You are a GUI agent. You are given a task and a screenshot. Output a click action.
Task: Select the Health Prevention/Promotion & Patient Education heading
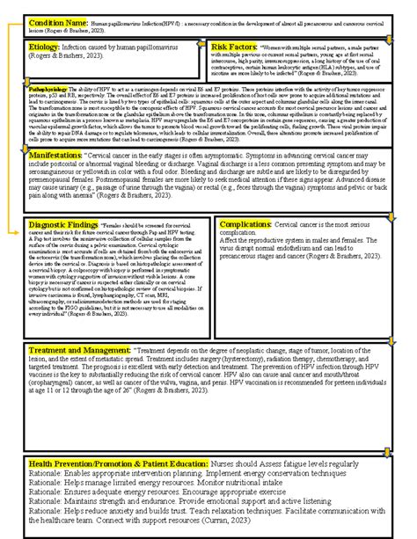click(x=115, y=463)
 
